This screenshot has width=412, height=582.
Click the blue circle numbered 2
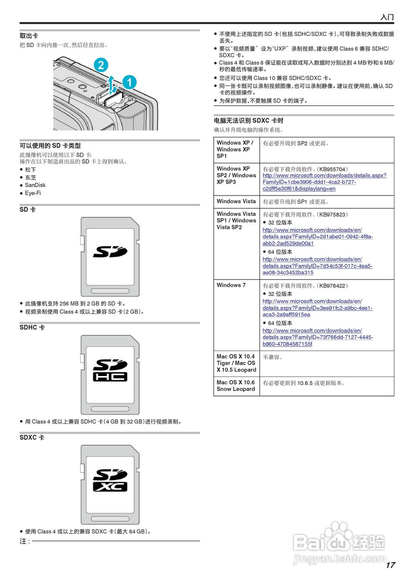(101, 65)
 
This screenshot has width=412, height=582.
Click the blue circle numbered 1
(129, 82)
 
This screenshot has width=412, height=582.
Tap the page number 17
(390, 565)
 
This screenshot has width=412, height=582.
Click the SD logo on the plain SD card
(110, 251)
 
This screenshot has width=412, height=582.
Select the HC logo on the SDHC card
(110, 377)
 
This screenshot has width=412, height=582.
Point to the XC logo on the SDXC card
(110, 487)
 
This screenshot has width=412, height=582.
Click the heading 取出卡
(29, 36)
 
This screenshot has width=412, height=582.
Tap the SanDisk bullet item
(35, 185)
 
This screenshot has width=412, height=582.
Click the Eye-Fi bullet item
(33, 193)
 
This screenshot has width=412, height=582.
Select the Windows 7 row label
(231, 285)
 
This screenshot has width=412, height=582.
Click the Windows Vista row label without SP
(236, 201)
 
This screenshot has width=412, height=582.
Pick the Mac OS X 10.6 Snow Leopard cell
(236, 386)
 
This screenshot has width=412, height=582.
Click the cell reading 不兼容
(273, 357)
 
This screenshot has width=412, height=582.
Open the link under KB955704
(324, 182)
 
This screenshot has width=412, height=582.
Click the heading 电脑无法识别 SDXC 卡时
(249, 121)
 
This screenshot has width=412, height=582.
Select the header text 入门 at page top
(387, 17)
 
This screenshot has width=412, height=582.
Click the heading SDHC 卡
(32, 327)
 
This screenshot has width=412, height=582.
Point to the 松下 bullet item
(31, 170)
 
